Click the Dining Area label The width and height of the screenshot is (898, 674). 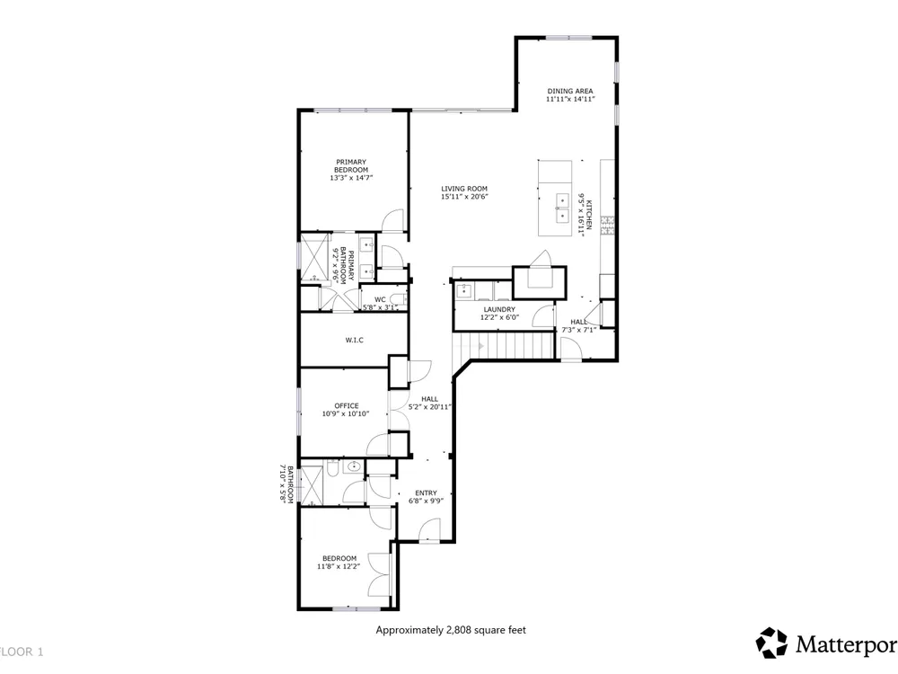570,91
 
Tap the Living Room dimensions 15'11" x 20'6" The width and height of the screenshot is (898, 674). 464,197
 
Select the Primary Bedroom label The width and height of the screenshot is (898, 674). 351,166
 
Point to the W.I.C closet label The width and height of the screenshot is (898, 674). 354,340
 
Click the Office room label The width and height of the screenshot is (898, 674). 347,406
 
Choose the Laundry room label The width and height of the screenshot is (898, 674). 499,309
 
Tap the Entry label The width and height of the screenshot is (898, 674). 426,492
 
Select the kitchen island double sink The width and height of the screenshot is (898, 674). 562,208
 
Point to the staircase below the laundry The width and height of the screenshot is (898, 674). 504,346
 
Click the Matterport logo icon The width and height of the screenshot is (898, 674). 771,643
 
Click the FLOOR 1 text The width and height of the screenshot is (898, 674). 22,652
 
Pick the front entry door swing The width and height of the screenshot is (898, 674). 429,529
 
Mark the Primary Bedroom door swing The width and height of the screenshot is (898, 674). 393,221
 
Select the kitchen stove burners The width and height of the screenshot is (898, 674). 607,226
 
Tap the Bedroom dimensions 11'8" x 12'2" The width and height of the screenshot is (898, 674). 339,566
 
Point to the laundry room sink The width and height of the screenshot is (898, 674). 463,290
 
